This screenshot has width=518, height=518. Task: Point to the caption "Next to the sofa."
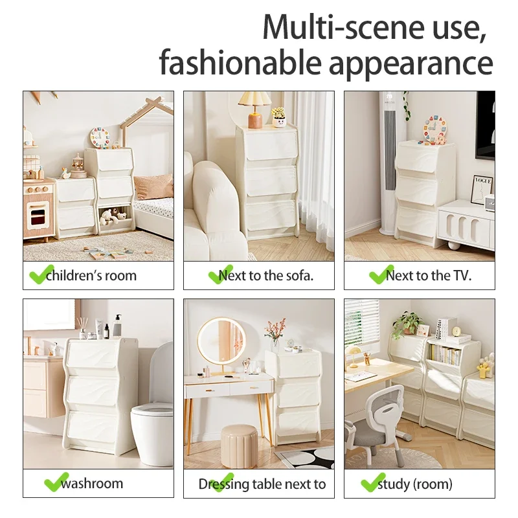click(x=266, y=275)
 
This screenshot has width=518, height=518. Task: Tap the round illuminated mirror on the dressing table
click(x=221, y=341)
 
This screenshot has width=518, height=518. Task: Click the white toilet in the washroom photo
click(x=153, y=427)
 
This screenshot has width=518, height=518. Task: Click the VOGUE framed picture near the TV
click(x=482, y=189)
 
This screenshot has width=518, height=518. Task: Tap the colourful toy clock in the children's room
click(x=100, y=137)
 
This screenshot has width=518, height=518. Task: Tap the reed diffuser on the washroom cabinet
click(x=84, y=328)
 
